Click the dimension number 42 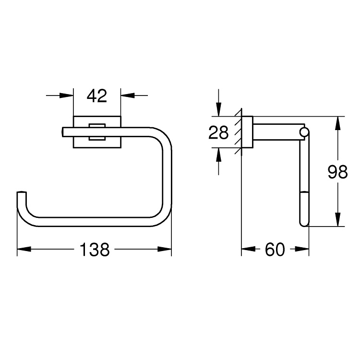point(97,96)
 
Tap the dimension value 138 point(95,249)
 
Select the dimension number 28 point(218,132)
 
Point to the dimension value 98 point(337,172)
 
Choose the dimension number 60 point(275,249)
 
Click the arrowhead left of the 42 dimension point(66,96)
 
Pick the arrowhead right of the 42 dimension point(128,96)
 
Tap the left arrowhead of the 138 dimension point(24,249)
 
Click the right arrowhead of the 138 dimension point(165,249)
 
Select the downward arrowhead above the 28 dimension point(218,109)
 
